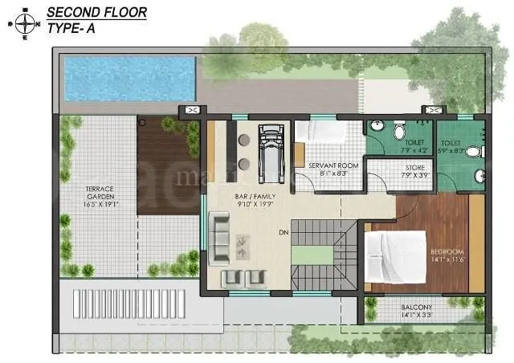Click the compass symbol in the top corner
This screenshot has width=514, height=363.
pyautogui.click(x=24, y=23)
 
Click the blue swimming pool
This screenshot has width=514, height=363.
pyautogui.click(x=129, y=78)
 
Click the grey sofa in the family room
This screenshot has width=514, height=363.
pyautogui.click(x=218, y=239)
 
